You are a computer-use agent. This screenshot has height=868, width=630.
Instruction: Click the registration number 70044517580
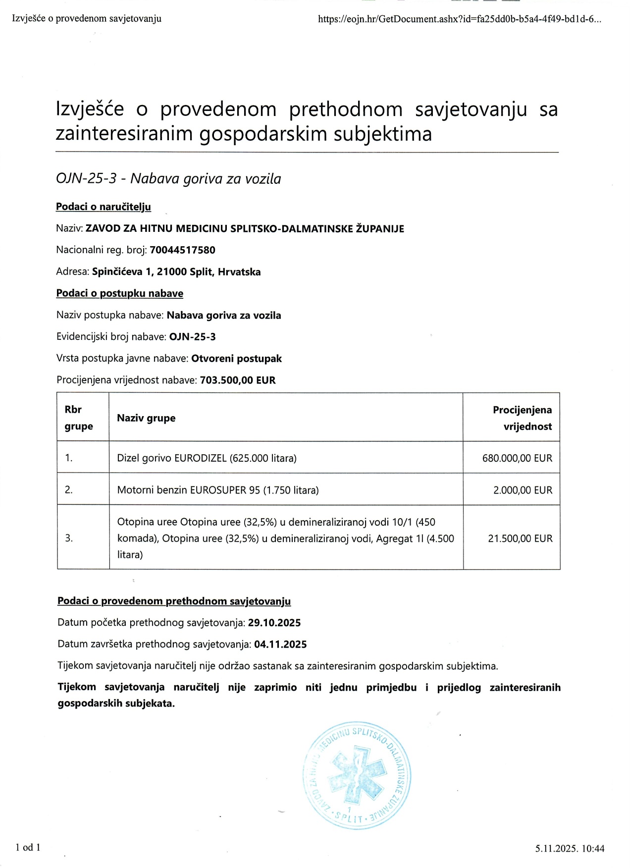pos(182,250)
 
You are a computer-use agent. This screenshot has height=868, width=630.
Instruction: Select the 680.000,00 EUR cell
pos(517,458)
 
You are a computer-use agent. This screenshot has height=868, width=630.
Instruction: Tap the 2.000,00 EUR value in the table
pos(523,490)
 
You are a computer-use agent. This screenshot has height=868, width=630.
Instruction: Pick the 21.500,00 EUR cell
pos(520,538)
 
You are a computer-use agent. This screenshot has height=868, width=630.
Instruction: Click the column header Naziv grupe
pos(146,418)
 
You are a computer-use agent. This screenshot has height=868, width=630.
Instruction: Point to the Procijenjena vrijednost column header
pos(522,418)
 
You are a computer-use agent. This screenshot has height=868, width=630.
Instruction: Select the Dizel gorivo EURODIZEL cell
pos(207,458)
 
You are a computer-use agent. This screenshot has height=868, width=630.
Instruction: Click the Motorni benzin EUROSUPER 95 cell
pos(218,490)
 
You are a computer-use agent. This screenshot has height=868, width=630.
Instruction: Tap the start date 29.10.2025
pos(274,623)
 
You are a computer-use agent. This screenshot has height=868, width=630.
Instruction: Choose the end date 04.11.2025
pos(280,645)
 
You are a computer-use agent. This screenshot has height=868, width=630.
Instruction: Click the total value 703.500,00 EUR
pos(238,380)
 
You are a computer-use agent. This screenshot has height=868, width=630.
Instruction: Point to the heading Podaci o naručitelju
pos(103,207)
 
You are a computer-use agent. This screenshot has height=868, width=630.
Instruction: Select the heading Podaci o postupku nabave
pos(119,293)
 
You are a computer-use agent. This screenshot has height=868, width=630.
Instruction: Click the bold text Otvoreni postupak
pos(236,359)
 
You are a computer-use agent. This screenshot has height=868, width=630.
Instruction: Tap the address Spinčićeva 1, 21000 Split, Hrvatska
pos(176,272)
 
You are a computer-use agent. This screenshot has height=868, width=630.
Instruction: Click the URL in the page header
pos(460,19)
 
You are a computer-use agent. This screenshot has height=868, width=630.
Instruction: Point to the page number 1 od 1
pos(28,847)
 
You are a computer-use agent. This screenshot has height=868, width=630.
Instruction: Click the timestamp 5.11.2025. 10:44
pos(570,849)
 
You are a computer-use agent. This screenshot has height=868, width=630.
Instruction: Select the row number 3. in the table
pos(69,538)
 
